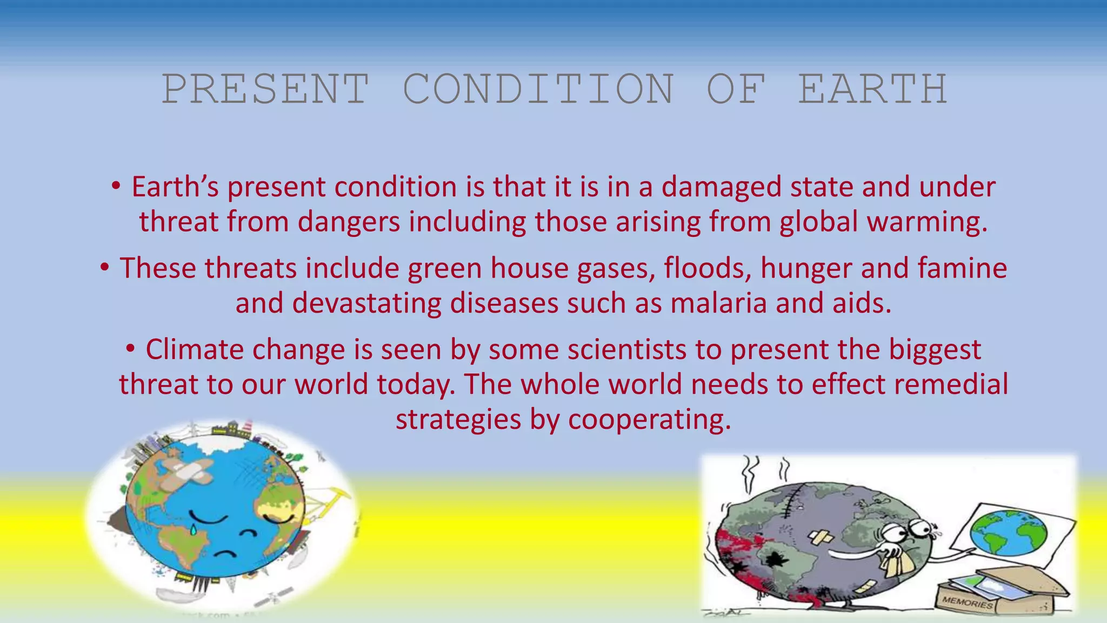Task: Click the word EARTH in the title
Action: tap(872, 89)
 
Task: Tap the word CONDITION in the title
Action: tap(538, 89)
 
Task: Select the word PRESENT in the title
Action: tap(266, 89)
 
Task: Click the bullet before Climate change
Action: tap(130, 349)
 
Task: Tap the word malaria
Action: tap(718, 303)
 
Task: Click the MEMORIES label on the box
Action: tap(967, 602)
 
